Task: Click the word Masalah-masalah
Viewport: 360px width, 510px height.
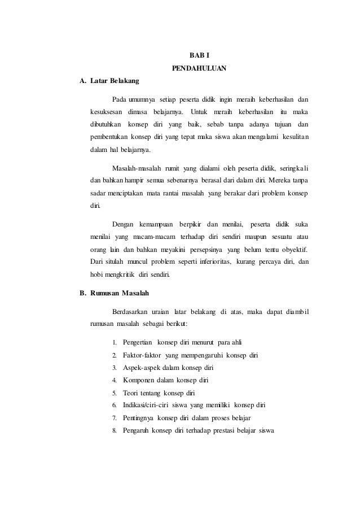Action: pos(137,168)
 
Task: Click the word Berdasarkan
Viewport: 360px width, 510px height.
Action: pos(130,311)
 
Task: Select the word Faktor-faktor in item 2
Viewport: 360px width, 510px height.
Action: pos(142,355)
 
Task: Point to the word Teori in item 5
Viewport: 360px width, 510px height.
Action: pos(131,393)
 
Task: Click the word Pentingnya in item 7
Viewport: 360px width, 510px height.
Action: pos(139,419)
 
